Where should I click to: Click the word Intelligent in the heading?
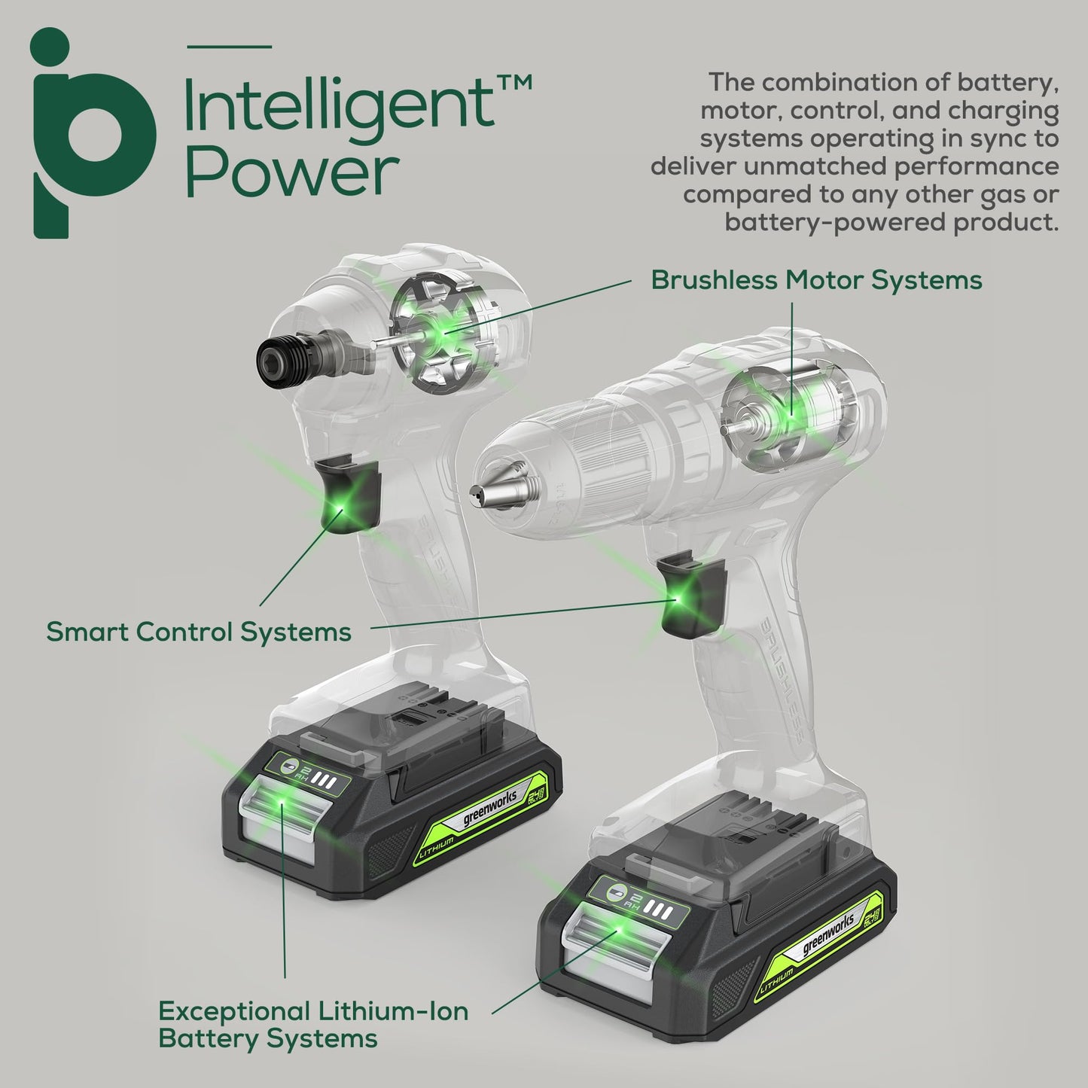point(339,107)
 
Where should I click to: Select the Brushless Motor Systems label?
point(816,280)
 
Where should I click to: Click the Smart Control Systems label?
point(199,631)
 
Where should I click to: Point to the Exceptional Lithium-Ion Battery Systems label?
point(312,1024)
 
